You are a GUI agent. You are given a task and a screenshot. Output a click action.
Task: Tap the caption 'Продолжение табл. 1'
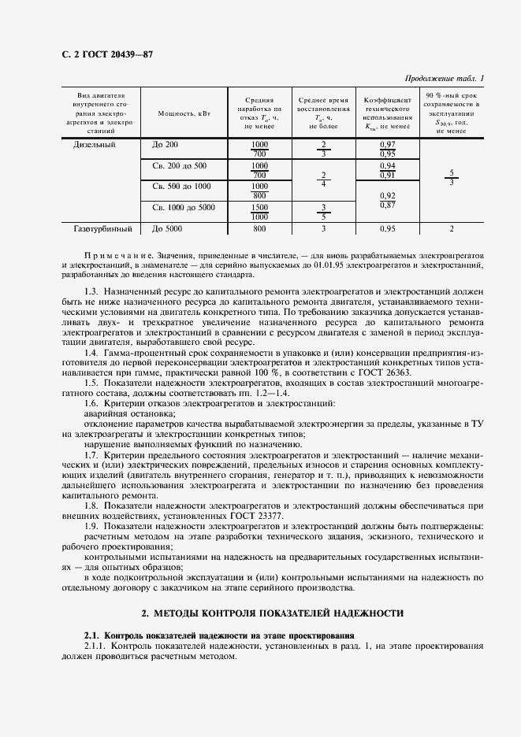click(x=444, y=78)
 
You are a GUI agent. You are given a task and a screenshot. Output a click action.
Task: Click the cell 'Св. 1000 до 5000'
click(x=182, y=207)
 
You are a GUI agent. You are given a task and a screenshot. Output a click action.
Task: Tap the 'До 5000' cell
click(x=167, y=229)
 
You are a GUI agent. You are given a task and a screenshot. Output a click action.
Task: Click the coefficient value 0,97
click(x=387, y=145)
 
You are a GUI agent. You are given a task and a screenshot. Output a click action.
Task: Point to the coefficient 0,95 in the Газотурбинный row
click(x=387, y=229)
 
